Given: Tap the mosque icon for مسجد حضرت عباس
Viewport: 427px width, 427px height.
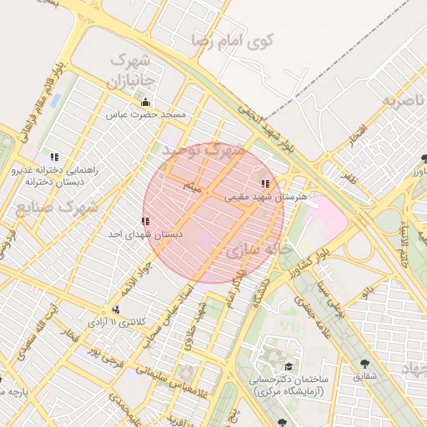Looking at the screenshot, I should point(146,103).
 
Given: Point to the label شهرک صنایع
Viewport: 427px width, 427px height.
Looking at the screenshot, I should point(57,205).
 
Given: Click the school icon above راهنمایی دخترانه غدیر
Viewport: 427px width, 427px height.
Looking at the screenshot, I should point(54,156).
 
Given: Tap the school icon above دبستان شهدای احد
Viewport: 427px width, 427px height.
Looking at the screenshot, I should point(146,221).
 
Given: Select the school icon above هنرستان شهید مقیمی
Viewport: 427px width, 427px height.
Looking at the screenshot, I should point(265,184).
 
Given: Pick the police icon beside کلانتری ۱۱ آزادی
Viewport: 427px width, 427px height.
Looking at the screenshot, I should point(115,309).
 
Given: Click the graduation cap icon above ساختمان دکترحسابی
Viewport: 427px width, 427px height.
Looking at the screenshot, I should point(289,366).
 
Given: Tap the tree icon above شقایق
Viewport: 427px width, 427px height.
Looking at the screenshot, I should point(365,364).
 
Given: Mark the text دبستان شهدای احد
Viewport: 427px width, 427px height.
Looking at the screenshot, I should point(146,235).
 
